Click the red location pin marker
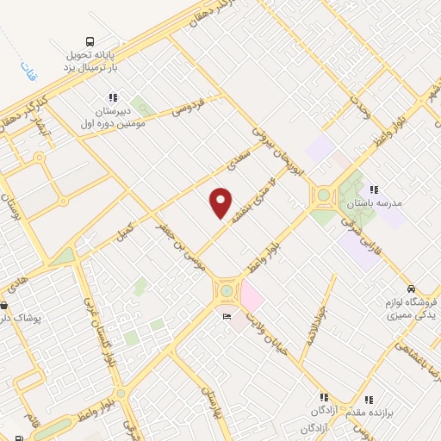[x=221, y=202]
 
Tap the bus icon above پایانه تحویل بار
[x=90, y=40]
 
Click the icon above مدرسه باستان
[x=373, y=189]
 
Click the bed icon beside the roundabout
[x=227, y=316]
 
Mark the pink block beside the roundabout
[x=252, y=297]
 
